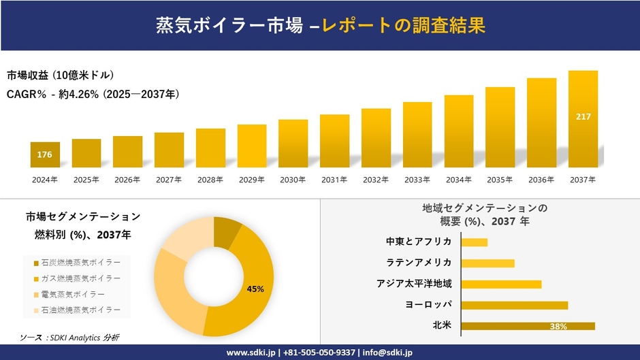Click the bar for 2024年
45,154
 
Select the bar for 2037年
583,119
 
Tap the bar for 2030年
293,144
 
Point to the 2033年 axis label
417,180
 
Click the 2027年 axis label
169,180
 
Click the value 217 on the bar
583,117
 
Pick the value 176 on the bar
45,154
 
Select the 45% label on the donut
255,289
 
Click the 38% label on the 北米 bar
558,327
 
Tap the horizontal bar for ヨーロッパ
514,305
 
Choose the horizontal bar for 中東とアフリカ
474,242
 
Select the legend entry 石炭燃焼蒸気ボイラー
80,262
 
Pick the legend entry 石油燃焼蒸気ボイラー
80,310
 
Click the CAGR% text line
93,94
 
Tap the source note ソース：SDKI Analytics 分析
69,338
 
